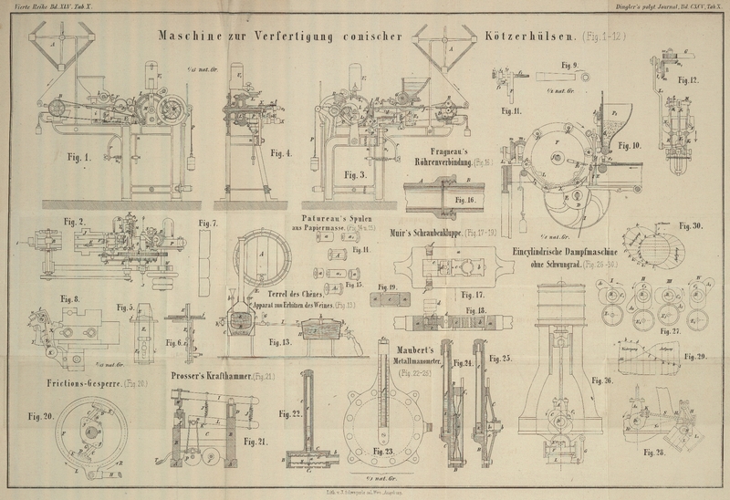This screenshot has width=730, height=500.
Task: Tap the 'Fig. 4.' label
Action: (x=282, y=153)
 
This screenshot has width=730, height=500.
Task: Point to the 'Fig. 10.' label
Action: (x=629, y=145)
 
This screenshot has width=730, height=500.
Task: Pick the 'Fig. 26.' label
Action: (x=601, y=380)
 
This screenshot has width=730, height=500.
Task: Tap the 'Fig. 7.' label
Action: (x=208, y=224)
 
